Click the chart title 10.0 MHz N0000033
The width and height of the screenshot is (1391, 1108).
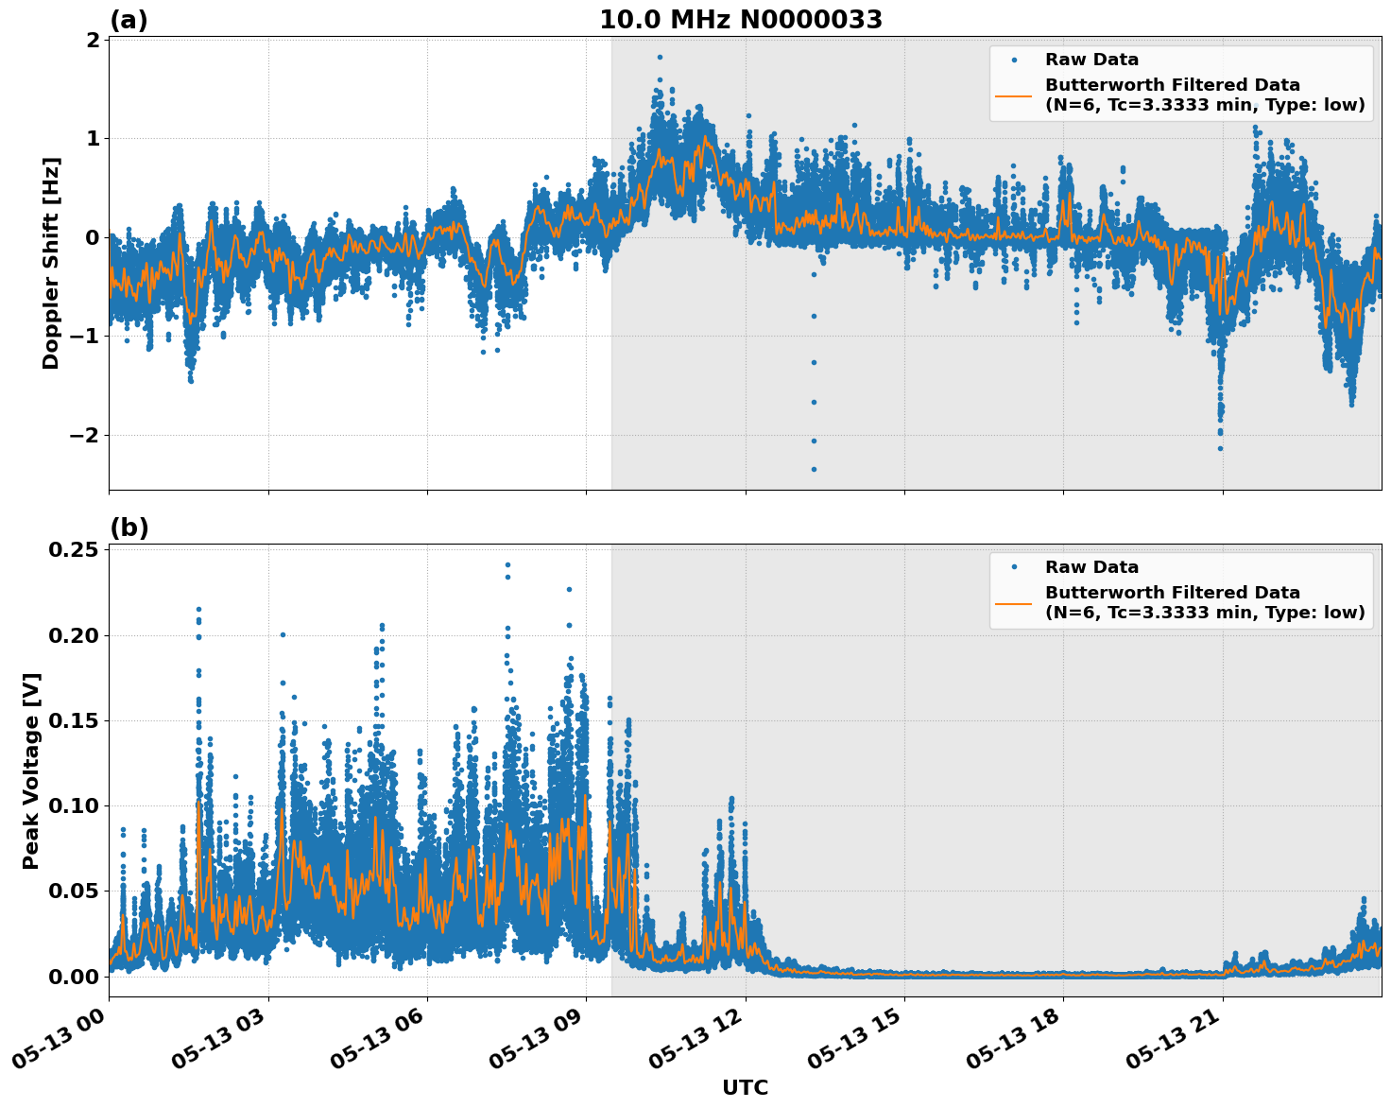740,20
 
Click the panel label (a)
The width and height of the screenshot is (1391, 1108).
129,20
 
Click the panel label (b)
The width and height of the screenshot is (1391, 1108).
129,528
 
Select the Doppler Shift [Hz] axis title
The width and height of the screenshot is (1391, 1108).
51,263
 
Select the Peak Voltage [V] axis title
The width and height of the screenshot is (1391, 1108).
31,770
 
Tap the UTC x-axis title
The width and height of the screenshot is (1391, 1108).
745,1087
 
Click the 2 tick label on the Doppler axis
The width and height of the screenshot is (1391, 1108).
93,40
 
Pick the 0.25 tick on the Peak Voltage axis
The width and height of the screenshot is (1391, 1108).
74,550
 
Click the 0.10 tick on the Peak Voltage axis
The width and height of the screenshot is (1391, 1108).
74,805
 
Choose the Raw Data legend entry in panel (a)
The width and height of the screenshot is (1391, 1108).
1091,60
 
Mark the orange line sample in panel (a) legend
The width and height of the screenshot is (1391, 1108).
1014,95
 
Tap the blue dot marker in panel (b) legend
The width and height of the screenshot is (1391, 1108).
1014,567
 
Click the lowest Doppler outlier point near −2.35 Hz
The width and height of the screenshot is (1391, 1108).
814,469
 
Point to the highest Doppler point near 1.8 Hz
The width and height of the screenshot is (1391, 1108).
660,57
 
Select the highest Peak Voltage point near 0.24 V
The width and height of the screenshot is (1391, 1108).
507,564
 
